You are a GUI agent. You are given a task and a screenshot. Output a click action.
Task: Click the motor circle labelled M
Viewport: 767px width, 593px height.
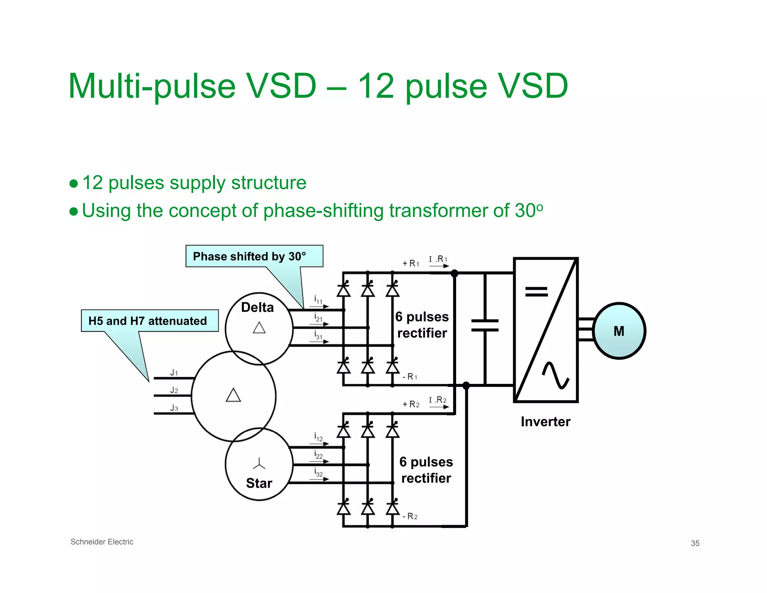tap(619, 331)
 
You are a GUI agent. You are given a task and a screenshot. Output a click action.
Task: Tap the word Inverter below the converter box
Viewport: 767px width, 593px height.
tap(545, 422)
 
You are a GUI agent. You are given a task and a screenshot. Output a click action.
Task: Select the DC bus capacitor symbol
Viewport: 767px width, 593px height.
tap(485, 325)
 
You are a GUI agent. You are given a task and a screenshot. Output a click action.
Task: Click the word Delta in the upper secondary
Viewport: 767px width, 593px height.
tap(257, 307)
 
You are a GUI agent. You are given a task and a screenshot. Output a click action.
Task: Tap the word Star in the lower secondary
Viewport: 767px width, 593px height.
tap(259, 483)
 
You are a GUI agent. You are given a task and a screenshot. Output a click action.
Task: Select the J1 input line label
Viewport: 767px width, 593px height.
tap(174, 373)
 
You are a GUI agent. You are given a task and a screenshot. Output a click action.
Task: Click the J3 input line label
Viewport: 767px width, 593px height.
tap(174, 408)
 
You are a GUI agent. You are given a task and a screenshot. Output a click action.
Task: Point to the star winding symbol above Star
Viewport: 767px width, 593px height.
tap(259, 464)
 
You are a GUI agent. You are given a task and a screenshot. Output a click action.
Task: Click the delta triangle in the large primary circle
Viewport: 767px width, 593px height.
tap(233, 395)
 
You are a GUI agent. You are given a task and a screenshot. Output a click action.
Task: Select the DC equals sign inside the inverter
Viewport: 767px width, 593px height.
tap(536, 291)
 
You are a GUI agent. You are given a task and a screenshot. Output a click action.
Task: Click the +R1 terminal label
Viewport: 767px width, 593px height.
tap(411, 263)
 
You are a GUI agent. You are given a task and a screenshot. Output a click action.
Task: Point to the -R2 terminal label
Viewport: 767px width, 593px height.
tap(410, 517)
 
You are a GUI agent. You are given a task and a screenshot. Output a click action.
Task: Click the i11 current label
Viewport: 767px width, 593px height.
tap(318, 300)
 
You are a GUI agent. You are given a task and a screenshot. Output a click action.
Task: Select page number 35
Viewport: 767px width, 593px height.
tap(695, 543)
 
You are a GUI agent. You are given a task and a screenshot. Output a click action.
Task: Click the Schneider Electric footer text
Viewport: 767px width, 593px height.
tap(102, 542)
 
